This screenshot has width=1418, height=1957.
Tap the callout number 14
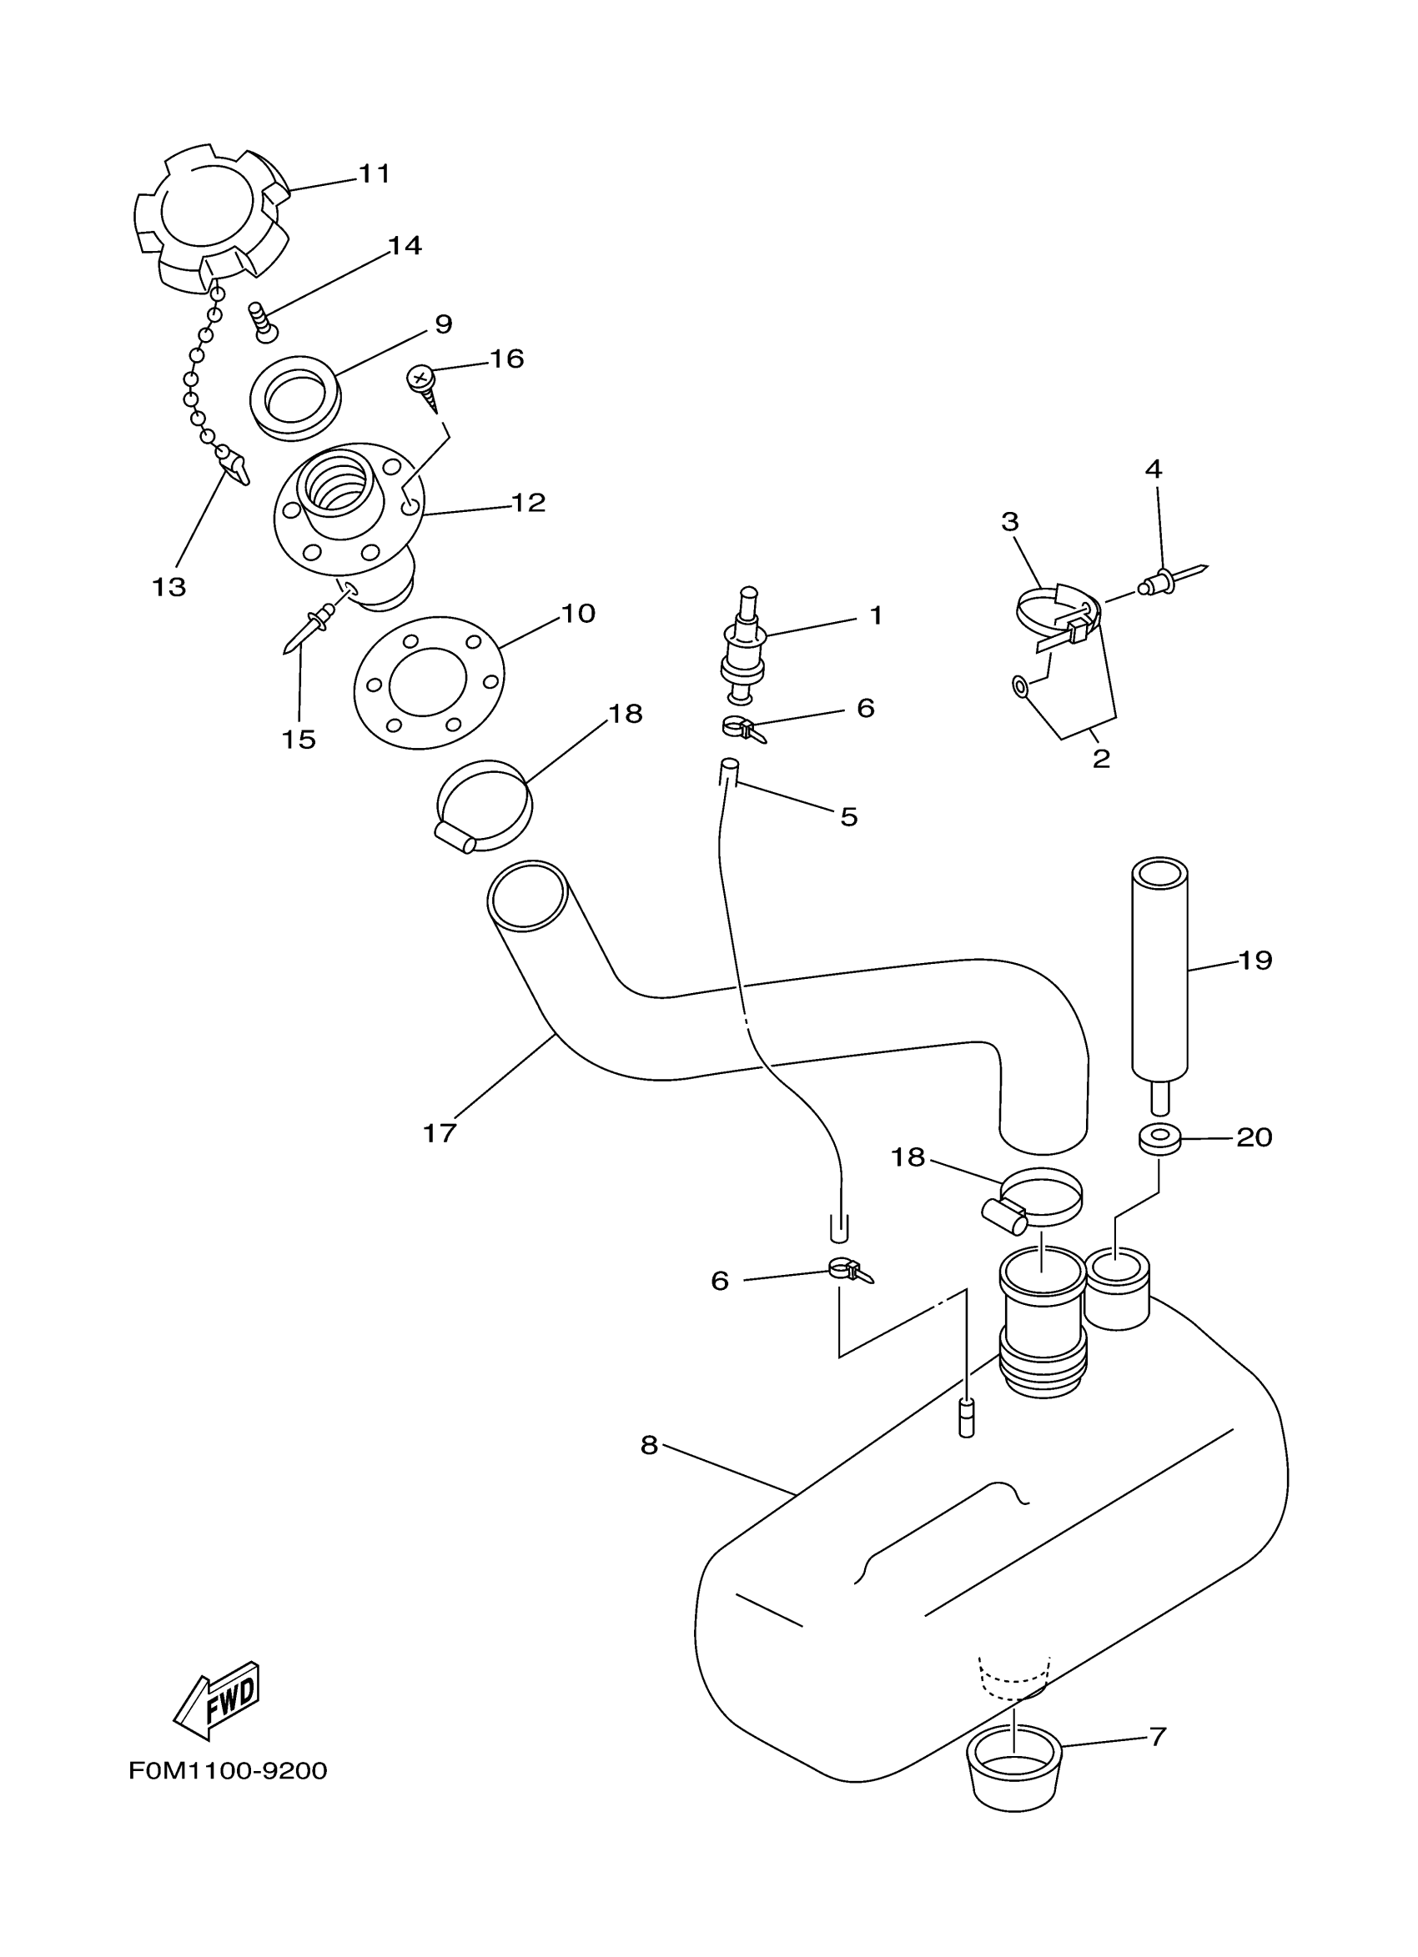404,246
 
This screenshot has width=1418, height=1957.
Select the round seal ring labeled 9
294,398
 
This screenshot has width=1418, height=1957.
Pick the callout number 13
169,588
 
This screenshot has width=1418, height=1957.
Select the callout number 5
848,816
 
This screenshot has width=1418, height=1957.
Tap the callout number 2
1100,760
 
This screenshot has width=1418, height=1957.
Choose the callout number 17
439,1133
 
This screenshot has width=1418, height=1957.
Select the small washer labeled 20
1159,1139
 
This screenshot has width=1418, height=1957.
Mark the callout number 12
528,502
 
